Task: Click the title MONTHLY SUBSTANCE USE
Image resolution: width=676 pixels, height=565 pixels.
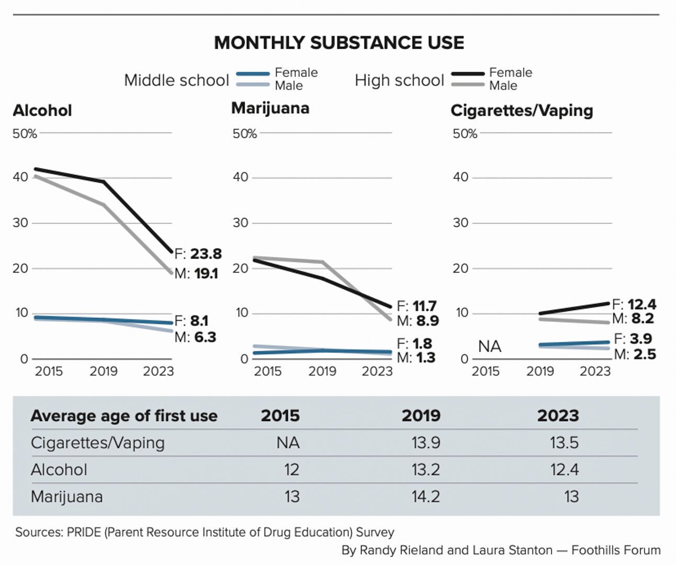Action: click(x=339, y=43)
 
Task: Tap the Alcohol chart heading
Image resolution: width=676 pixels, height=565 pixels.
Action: click(x=42, y=110)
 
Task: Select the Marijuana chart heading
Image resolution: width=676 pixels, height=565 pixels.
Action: click(x=270, y=108)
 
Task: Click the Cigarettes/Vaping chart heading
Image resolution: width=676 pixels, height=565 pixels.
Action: click(x=522, y=110)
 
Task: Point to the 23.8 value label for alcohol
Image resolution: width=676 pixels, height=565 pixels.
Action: click(x=206, y=254)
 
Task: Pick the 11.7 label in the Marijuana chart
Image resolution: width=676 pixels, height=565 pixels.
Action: click(x=424, y=306)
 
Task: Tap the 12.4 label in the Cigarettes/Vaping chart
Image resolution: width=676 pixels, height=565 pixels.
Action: click(x=641, y=304)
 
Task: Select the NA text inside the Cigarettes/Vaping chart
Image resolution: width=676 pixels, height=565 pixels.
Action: click(x=490, y=346)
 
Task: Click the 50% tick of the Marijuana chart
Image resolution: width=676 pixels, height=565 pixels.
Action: click(x=245, y=134)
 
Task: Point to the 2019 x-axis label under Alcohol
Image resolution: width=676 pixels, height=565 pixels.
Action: click(x=104, y=371)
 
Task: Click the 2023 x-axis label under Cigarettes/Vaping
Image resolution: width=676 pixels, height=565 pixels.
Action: click(x=595, y=371)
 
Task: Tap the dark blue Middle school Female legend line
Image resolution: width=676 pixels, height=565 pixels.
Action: click(x=253, y=74)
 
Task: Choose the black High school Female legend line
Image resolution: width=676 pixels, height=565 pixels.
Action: click(x=467, y=74)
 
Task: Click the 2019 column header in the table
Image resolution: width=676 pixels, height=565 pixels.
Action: click(x=421, y=416)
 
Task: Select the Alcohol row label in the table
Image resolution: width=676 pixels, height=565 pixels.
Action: click(x=59, y=470)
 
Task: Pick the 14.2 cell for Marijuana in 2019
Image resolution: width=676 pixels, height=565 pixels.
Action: click(x=425, y=496)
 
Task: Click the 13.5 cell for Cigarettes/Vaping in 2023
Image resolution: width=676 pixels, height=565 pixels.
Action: click(x=564, y=443)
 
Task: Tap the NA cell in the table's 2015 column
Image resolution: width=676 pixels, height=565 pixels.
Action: click(x=288, y=443)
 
